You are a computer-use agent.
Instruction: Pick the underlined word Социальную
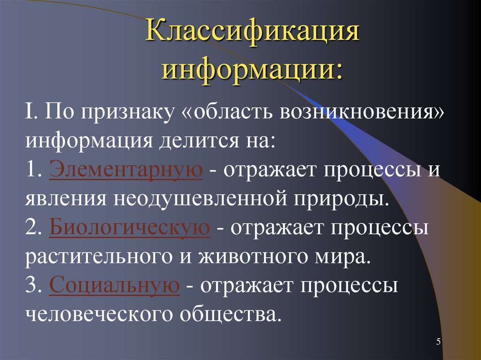pos(114,285)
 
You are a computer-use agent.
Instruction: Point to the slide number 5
pos(438,342)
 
